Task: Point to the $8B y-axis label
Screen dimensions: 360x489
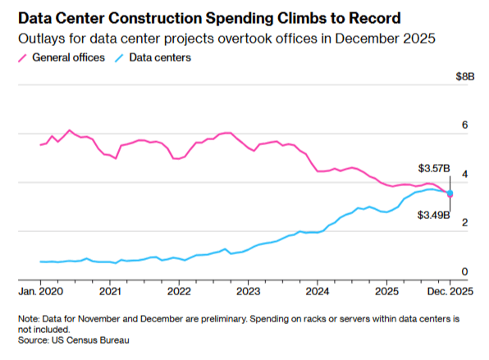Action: coord(465,76)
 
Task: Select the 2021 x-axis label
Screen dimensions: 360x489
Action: coord(110,291)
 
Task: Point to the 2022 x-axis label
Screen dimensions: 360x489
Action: coord(179,291)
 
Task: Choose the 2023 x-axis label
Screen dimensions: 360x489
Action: coord(249,291)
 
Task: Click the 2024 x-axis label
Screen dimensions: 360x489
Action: coord(318,291)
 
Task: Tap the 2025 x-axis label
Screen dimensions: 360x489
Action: coord(387,291)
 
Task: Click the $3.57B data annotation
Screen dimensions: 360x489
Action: coord(434,168)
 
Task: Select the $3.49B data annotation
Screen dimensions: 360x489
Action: coord(434,216)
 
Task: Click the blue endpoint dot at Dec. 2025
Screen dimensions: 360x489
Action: coord(450,193)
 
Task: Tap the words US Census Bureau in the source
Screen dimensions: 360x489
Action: coord(91,339)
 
